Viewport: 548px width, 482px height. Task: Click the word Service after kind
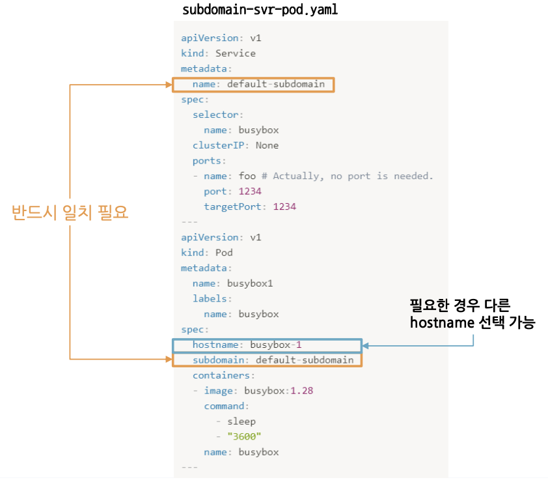236,53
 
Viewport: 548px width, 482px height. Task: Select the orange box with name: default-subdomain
253,85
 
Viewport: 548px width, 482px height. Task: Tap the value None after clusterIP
267,145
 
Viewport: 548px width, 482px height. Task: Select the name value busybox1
250,283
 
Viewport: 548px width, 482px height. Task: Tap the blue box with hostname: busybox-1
267,345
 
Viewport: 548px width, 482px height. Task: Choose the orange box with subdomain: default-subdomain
267,360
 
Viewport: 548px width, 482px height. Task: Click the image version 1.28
303,391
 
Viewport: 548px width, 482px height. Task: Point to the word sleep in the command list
241,421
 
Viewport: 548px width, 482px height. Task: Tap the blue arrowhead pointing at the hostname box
366,345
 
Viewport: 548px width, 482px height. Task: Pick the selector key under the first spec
215,115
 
